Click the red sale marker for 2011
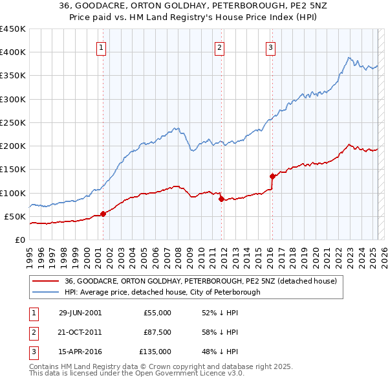221,199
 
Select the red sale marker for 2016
272,176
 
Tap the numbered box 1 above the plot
102,47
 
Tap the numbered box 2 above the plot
220,47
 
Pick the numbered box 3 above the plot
270,47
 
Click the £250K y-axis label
12,122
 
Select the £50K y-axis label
15,216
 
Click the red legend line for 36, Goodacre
45,282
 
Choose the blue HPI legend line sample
45,292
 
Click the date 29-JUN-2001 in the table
80,313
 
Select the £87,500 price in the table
157,332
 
